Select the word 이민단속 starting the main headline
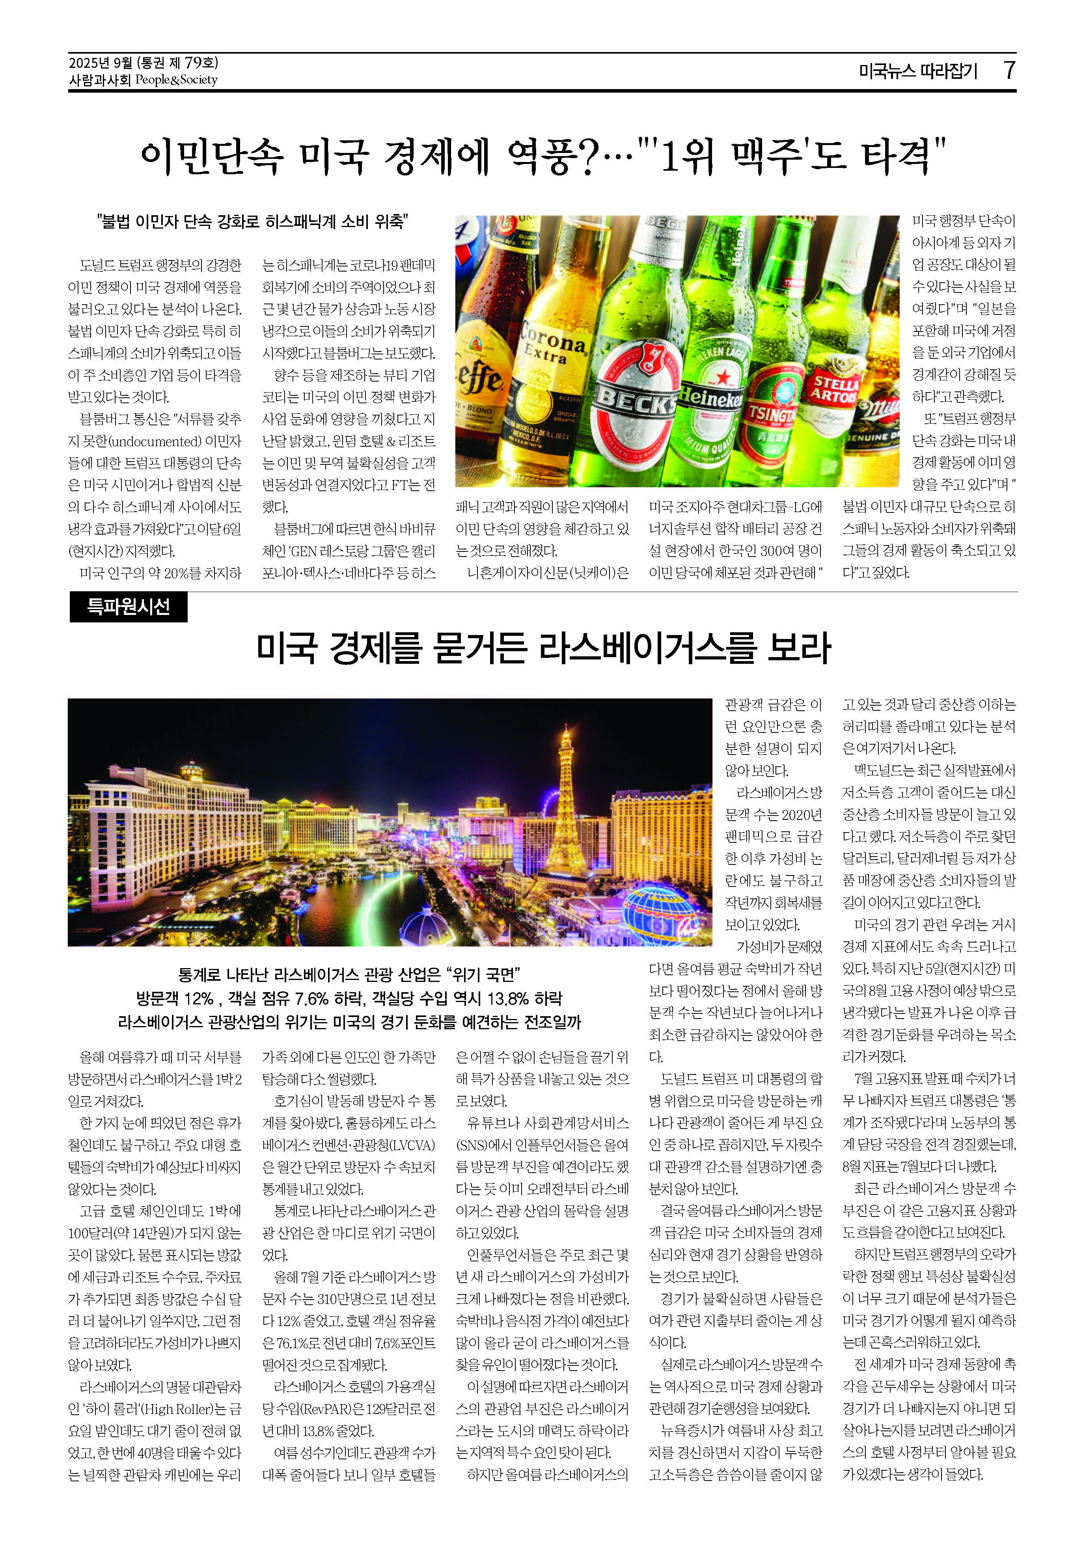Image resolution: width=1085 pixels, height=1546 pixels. (211, 156)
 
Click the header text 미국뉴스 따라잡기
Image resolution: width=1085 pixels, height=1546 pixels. (917, 71)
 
